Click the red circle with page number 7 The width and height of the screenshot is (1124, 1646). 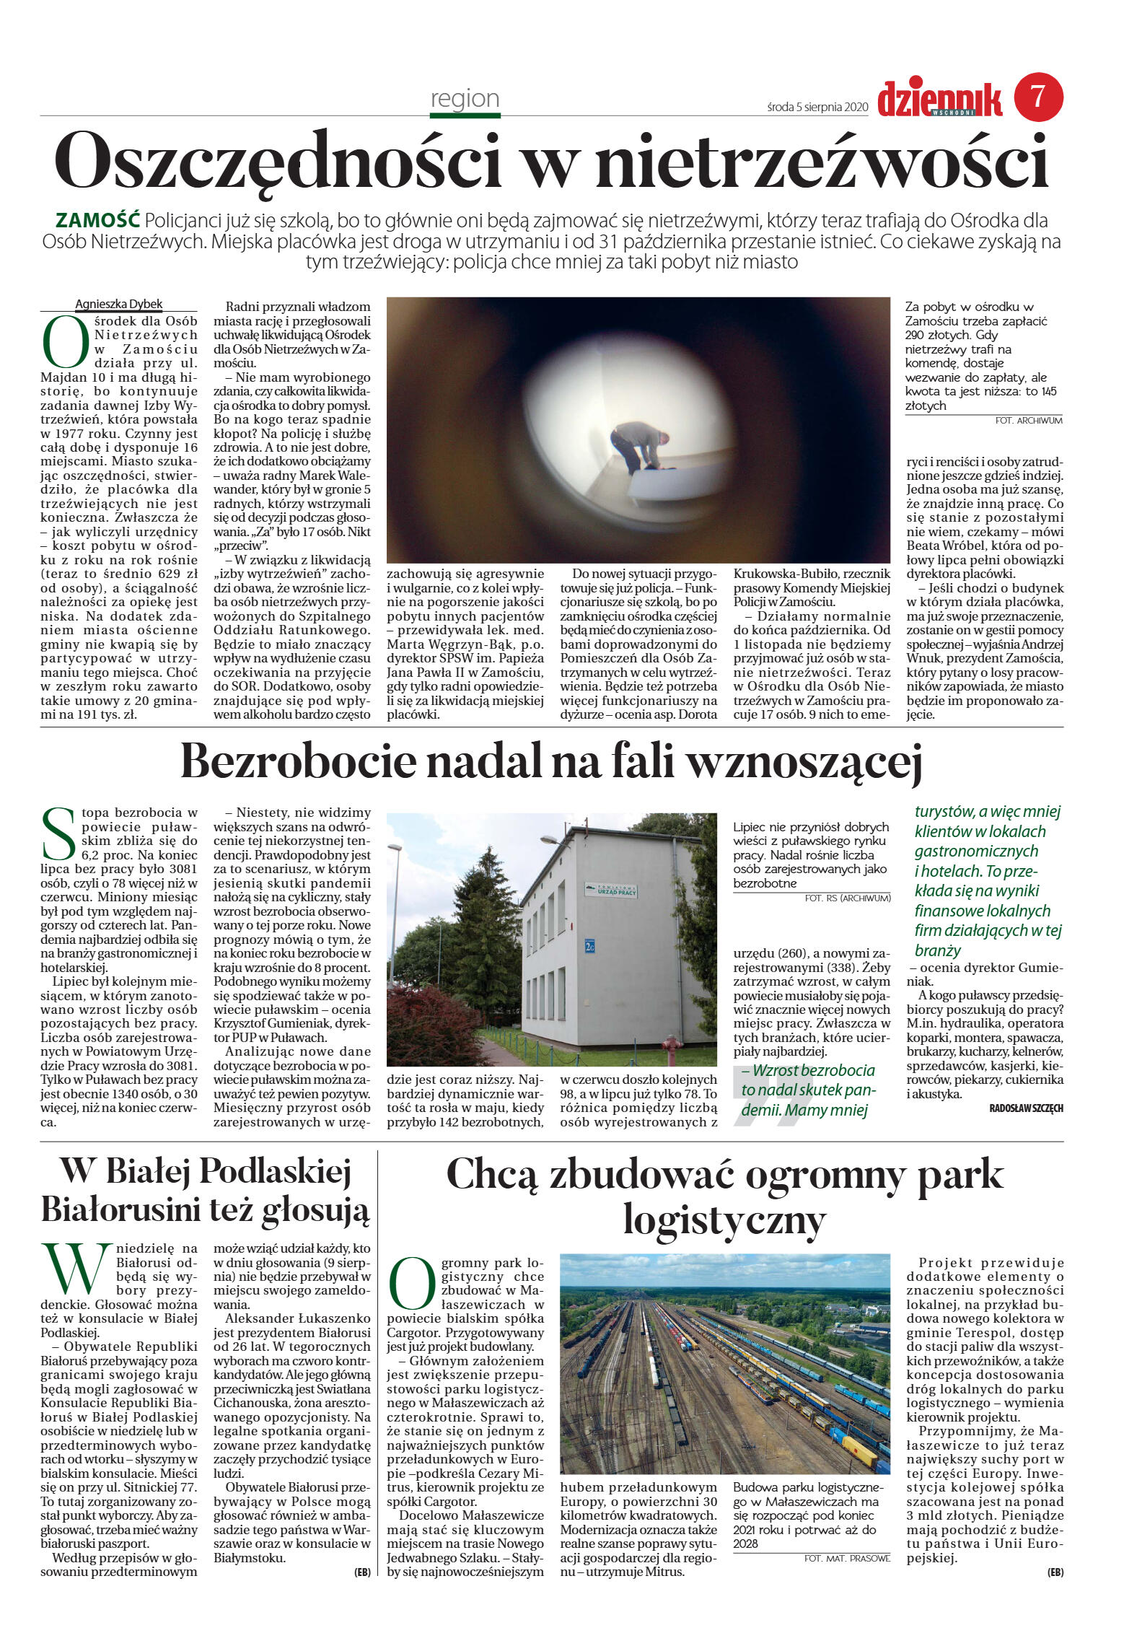[x=1038, y=97]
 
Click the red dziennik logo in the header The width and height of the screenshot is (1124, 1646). [x=939, y=99]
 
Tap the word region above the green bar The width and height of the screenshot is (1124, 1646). [x=465, y=98]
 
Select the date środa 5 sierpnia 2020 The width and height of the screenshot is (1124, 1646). [x=817, y=107]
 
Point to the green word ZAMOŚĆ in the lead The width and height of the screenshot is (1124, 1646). [x=98, y=220]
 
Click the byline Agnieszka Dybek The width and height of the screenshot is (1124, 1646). [x=119, y=304]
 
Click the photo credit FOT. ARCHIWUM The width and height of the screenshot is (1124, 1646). [x=1028, y=420]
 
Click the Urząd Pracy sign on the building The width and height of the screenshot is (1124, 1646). [x=610, y=890]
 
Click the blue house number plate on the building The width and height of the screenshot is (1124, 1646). [x=589, y=943]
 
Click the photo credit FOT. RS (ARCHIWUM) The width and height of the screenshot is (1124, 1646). [x=847, y=898]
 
